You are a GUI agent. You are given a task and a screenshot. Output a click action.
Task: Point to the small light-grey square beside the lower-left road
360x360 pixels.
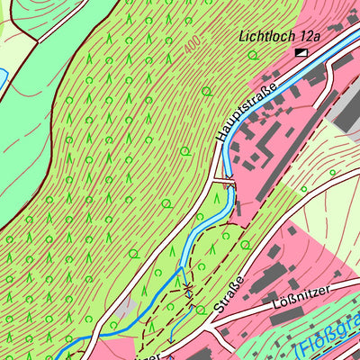(x=127, y=309)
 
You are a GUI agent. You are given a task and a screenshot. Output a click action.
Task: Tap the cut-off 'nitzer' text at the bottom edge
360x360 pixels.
(x=149, y=355)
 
